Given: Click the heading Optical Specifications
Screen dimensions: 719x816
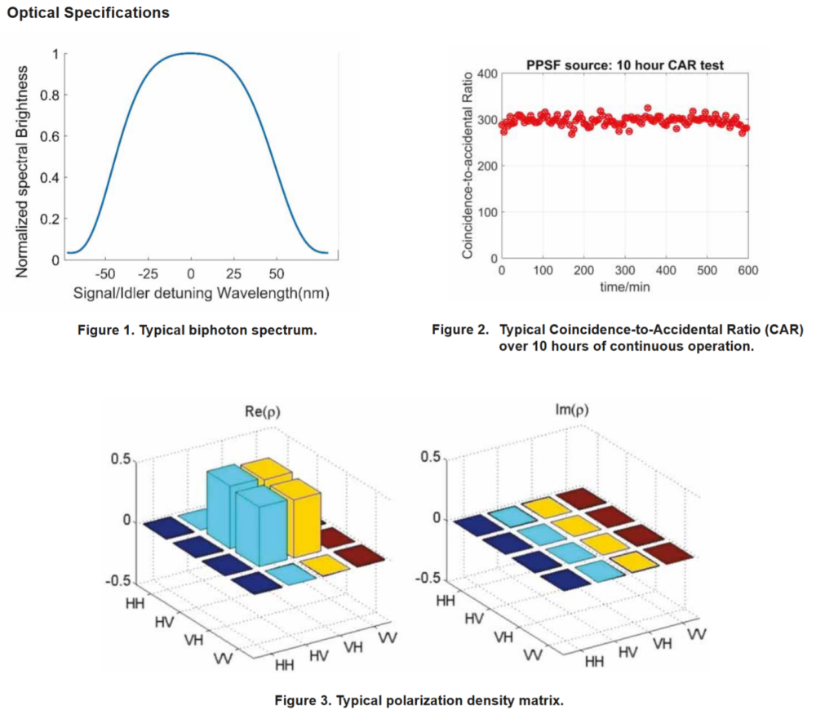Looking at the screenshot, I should [x=88, y=13].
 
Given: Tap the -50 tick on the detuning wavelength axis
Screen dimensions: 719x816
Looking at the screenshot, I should [x=104, y=274].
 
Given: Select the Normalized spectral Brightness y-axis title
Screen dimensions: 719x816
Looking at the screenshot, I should [x=24, y=156].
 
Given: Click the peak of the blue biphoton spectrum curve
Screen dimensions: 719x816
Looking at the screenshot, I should [x=191, y=53].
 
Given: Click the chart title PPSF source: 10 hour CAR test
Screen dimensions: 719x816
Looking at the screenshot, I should [x=624, y=65].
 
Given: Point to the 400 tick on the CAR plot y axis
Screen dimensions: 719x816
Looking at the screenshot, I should [x=486, y=74].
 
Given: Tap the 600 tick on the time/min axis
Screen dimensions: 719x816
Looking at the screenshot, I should [x=747, y=270].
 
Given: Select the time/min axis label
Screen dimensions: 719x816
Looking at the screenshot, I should [x=624, y=287].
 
